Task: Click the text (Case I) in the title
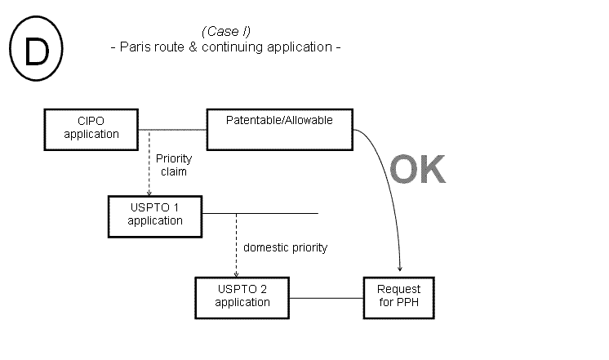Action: tap(225, 31)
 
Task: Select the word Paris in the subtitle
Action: tap(135, 47)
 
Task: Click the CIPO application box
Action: tap(91, 128)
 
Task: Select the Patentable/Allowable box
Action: tap(280, 128)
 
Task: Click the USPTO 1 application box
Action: tap(155, 214)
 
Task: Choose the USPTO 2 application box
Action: tap(242, 296)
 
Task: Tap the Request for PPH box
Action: tap(398, 296)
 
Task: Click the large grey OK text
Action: tap(417, 169)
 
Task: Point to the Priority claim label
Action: tap(172, 166)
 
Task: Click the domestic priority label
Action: tap(285, 247)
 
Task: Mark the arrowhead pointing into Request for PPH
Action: tap(399, 270)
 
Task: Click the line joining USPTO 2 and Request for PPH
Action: tap(327, 297)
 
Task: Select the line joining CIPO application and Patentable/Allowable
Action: tap(173, 129)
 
